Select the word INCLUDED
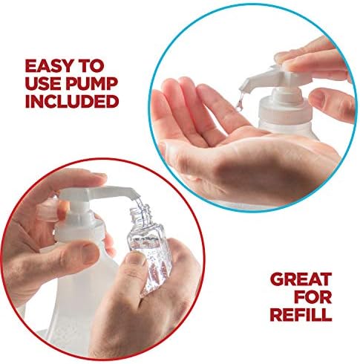pyautogui.click(x=72, y=102)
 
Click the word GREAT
pyautogui.click(x=301, y=279)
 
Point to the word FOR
pyautogui.click(x=314, y=296)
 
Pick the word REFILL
pyautogui.click(x=301, y=314)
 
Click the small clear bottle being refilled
pyautogui.click(x=149, y=247)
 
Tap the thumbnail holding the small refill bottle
pyautogui.click(x=135, y=259)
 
